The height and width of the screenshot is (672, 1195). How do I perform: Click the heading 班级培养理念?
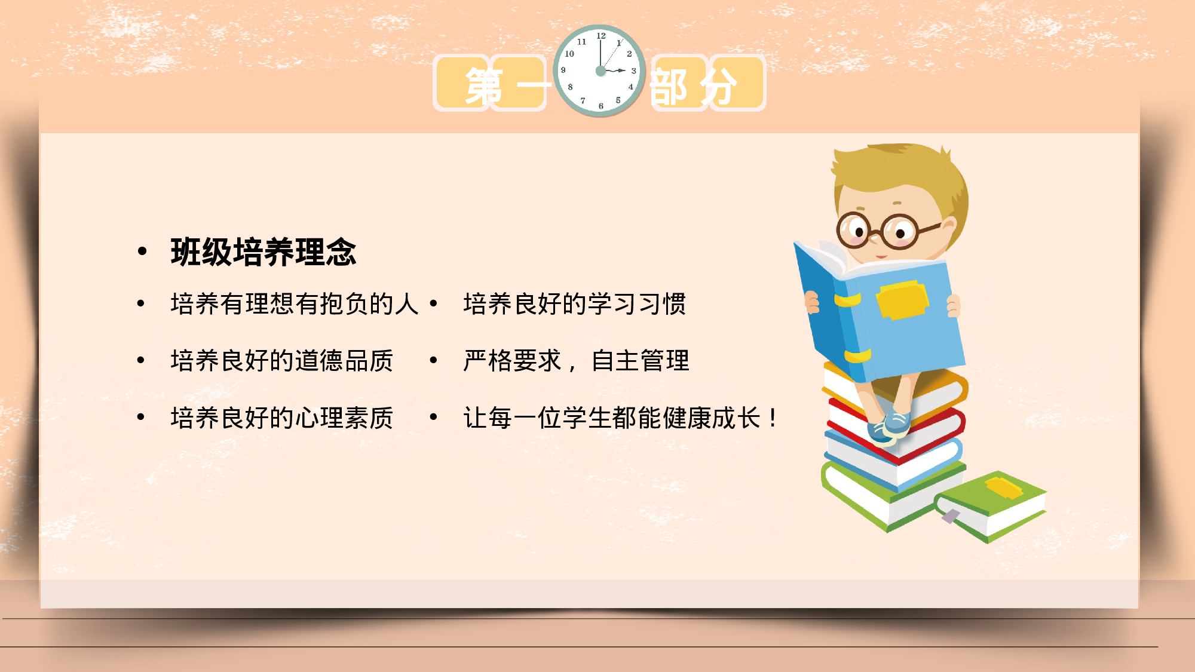pos(263,252)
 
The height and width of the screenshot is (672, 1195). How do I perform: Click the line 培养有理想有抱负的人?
pos(294,304)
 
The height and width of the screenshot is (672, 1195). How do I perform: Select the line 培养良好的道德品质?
pos(281,361)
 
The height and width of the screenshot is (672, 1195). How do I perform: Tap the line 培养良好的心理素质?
pos(281,418)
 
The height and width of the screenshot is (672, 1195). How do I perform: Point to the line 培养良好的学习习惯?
pos(574,304)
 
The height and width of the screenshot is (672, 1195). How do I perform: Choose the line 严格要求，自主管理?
pos(576,361)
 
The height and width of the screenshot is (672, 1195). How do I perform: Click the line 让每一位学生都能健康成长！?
pos(621,418)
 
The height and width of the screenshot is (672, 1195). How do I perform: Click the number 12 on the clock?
pos(601,36)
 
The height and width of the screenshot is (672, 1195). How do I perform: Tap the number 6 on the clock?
pos(601,106)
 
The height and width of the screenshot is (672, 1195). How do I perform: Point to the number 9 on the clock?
pos(563,70)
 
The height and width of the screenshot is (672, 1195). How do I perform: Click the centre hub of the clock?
pos(600,71)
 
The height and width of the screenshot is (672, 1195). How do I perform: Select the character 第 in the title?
pos(483,85)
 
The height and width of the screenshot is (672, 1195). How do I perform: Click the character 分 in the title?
pos(719,85)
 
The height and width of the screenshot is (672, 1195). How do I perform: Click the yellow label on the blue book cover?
pos(902,299)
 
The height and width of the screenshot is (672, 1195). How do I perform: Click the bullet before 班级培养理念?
pos(142,252)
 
